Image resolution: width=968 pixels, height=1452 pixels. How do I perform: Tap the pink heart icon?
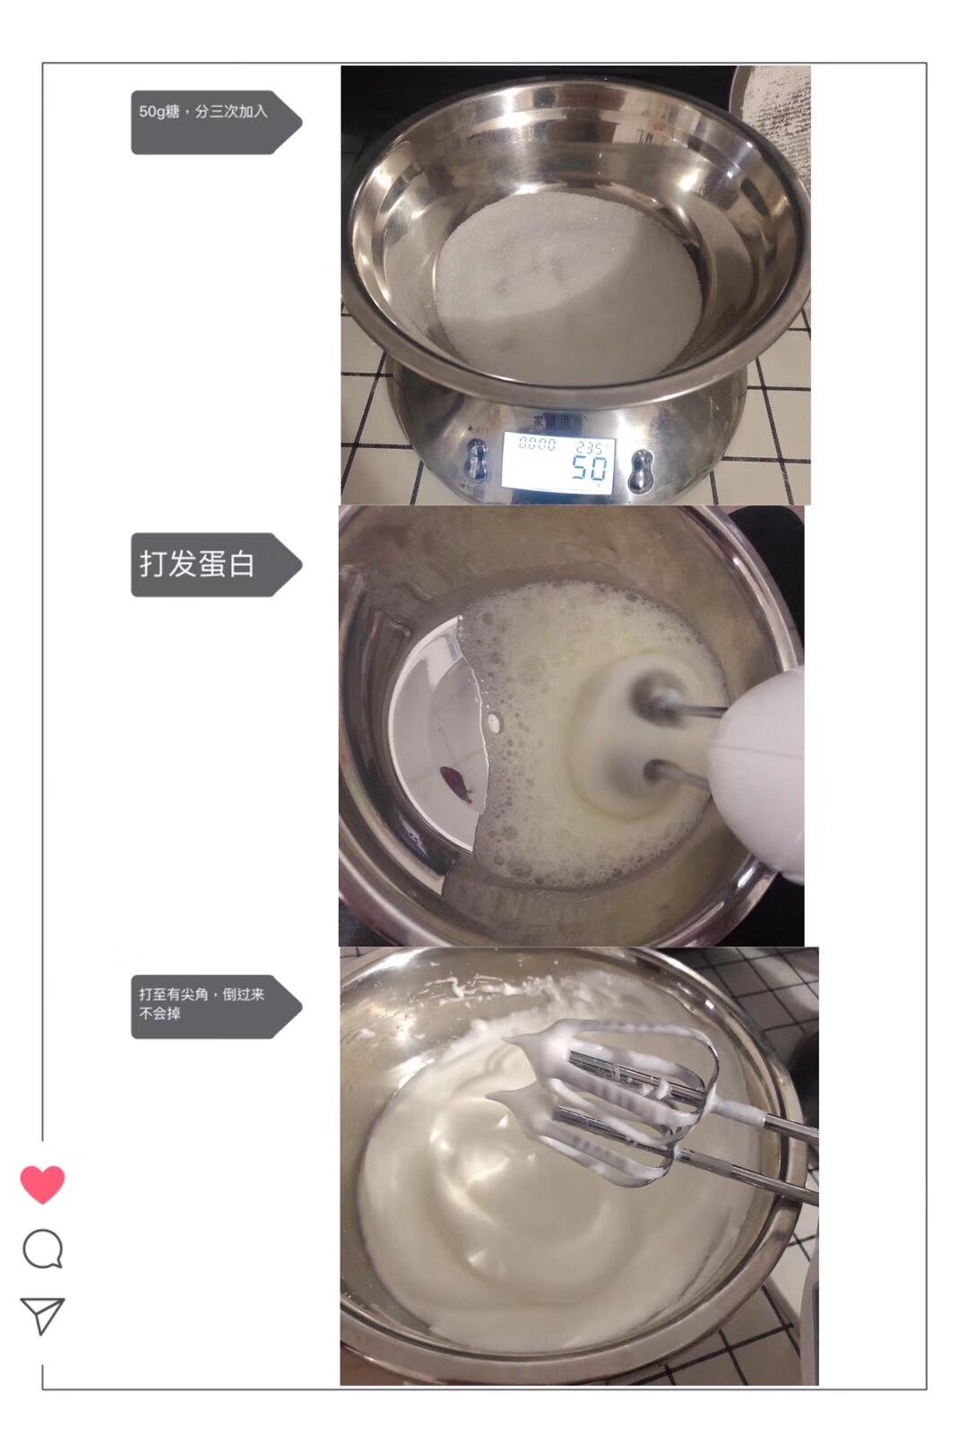pyautogui.click(x=43, y=1184)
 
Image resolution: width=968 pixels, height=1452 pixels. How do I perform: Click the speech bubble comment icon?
pyautogui.click(x=43, y=1248)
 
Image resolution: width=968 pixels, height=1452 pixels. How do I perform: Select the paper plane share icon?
pyautogui.click(x=42, y=1315)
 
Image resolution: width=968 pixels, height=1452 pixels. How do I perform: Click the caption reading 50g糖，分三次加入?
pyautogui.click(x=203, y=111)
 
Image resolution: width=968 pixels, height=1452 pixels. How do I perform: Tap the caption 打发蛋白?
pyautogui.click(x=196, y=563)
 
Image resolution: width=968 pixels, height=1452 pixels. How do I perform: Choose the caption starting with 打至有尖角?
pyautogui.click(x=202, y=1004)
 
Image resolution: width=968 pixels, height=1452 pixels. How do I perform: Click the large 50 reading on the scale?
pyautogui.click(x=590, y=467)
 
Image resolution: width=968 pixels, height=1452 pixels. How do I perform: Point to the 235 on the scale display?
pyautogui.click(x=590, y=446)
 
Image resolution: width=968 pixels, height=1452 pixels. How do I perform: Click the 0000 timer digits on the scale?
pyautogui.click(x=537, y=444)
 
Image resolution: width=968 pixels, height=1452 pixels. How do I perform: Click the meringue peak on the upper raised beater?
pyautogui.click(x=529, y=1044)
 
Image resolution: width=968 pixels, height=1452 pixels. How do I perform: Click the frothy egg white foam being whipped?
pyautogui.click(x=583, y=732)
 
